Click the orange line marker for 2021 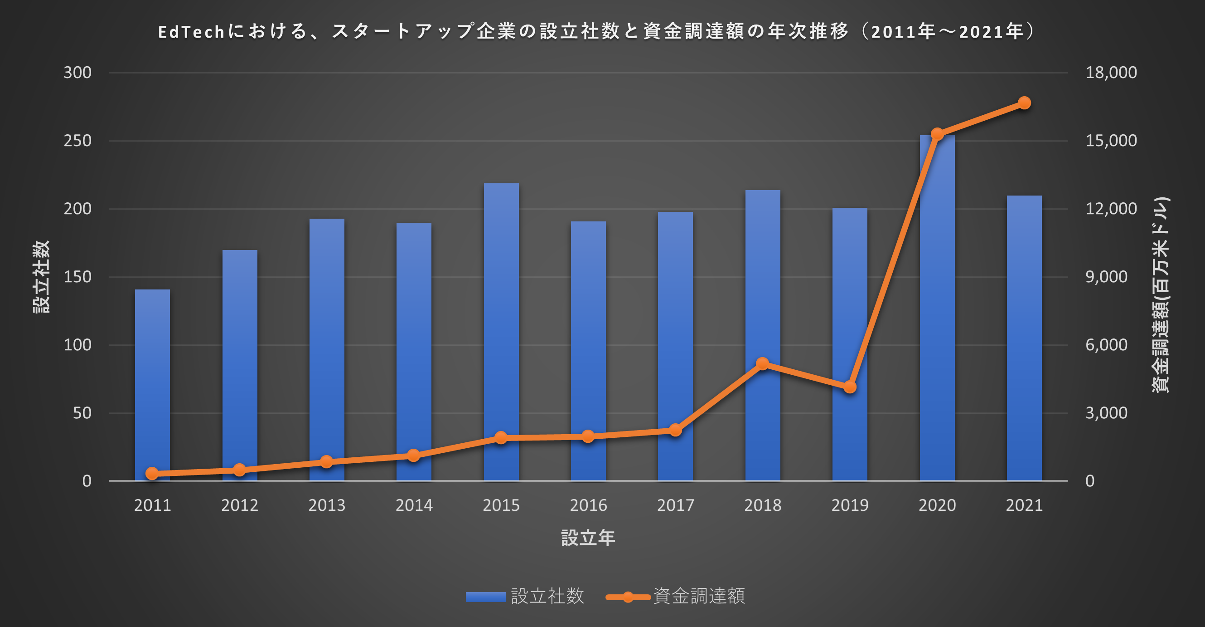(1025, 103)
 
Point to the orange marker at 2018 (763, 364)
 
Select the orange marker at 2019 (850, 387)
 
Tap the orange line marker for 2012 (239, 470)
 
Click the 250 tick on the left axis (77, 141)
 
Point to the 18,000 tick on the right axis (1111, 73)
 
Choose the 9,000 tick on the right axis (1106, 277)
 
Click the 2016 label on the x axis (588, 505)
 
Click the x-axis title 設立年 (588, 538)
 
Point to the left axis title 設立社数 (41, 277)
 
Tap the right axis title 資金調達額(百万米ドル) (1160, 295)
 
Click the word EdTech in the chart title (191, 32)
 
